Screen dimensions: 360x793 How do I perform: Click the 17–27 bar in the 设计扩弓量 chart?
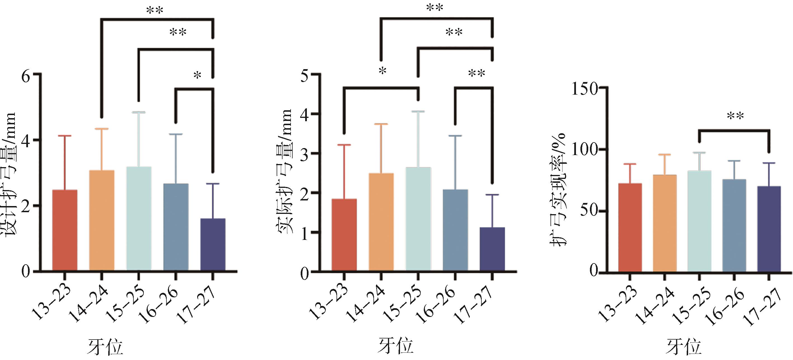[x=213, y=245]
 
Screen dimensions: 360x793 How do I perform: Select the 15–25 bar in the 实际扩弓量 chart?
[x=418, y=219]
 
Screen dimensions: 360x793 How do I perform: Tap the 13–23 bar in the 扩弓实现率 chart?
[x=630, y=227]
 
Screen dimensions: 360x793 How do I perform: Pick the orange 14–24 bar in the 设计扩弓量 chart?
[x=102, y=221]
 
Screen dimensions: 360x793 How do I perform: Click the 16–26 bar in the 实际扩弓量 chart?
[x=455, y=230]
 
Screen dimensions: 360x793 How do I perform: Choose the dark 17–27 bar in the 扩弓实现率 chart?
[x=769, y=229]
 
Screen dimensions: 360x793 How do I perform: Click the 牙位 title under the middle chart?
[x=396, y=345]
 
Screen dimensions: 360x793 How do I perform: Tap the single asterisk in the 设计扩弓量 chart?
[x=197, y=75]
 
